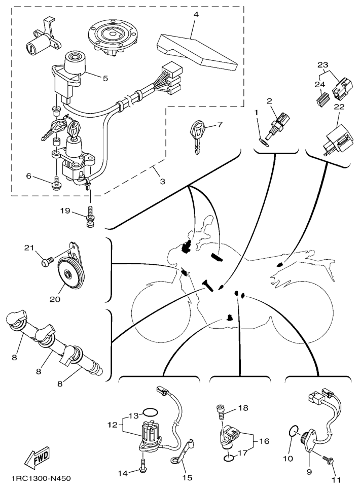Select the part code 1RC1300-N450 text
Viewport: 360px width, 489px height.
[x=41, y=478]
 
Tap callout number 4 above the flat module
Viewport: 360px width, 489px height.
[x=196, y=15]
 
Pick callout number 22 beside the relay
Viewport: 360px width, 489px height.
[x=339, y=107]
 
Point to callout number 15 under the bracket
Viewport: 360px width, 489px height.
[x=188, y=477]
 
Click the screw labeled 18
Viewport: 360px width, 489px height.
[x=221, y=412]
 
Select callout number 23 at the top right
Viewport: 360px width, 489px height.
[x=323, y=65]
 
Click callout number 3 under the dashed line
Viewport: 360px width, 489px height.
[x=162, y=181]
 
